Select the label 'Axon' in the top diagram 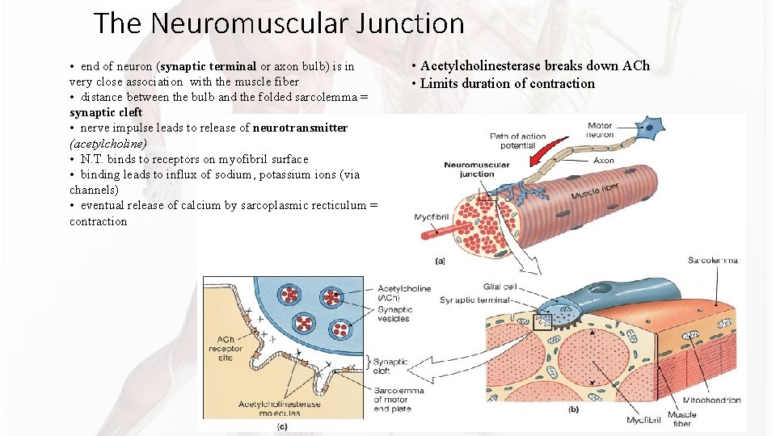(x=603, y=161)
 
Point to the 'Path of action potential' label (x=518, y=140)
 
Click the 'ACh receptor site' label (x=227, y=349)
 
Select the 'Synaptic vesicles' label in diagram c (x=396, y=313)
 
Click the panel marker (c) (x=282, y=426)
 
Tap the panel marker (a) (x=440, y=260)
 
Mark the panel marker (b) (x=573, y=409)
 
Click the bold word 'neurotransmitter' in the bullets (x=301, y=128)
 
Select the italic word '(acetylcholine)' (x=108, y=143)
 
